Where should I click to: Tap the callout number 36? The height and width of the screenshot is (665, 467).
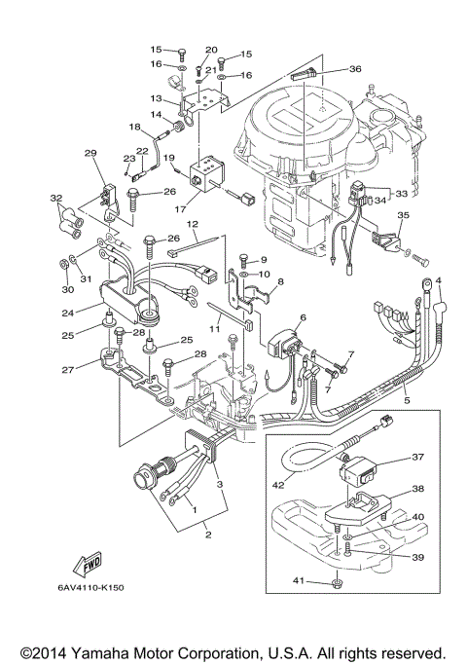354,68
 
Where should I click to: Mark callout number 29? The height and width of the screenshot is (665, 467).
90,153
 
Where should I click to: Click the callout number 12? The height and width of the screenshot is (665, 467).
193,225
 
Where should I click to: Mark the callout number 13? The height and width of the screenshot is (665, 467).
155,98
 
